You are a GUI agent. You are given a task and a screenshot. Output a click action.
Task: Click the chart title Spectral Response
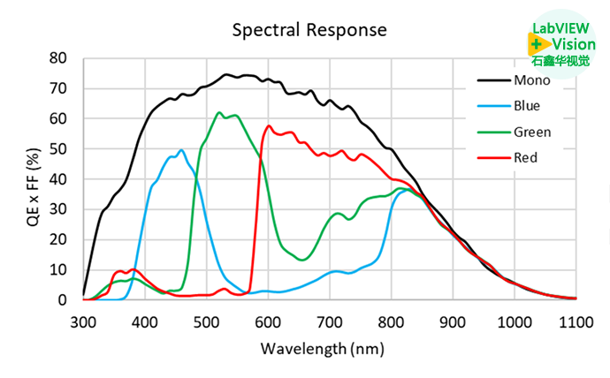coord(309,29)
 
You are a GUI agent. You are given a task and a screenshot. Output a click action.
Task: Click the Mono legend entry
coord(531,80)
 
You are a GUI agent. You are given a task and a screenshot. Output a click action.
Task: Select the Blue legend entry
coord(529,106)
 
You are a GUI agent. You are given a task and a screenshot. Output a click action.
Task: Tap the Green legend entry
coord(532,132)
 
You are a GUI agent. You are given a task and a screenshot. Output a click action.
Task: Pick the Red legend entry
coord(528,158)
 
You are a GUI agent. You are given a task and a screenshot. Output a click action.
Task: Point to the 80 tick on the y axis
coord(59,58)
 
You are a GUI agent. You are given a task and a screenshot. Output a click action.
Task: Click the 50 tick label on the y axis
coord(59,148)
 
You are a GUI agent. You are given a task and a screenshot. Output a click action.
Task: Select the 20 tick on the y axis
coord(59,239)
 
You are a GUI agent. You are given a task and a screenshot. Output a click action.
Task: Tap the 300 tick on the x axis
coord(83,321)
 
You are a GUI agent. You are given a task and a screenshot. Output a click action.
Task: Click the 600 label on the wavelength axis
coord(268,321)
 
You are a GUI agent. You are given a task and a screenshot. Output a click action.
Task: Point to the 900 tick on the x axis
coord(453,321)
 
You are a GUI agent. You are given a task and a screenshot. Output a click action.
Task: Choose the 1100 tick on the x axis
coord(575,321)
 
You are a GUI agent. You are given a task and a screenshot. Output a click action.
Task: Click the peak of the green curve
coord(219,113)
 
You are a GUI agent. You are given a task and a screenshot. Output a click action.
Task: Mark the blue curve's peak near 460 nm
coord(181,150)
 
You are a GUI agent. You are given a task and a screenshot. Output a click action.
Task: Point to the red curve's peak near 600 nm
coord(269,125)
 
